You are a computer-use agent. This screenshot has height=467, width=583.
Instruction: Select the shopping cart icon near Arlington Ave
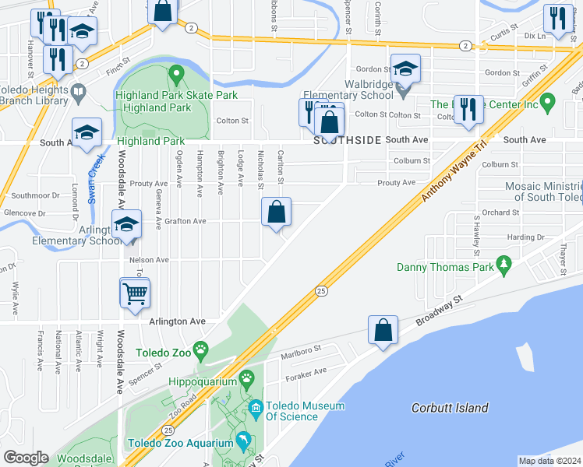[x=135, y=293]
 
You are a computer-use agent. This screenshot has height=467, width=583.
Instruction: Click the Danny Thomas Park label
[x=445, y=267]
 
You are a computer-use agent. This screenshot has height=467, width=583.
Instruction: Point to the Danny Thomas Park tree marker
[x=504, y=266]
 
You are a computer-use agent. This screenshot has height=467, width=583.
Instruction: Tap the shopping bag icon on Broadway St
[x=383, y=329]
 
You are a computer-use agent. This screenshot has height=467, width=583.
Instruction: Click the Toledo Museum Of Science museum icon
[x=256, y=407]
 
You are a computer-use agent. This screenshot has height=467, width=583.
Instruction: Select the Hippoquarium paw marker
[x=247, y=379]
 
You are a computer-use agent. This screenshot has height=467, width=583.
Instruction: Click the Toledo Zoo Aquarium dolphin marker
[x=242, y=441]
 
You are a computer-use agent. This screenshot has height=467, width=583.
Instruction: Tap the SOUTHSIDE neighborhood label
[x=348, y=140]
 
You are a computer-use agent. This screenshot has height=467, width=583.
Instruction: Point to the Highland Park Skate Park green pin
[x=176, y=75]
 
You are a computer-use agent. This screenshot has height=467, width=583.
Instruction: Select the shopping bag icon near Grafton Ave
[x=276, y=212]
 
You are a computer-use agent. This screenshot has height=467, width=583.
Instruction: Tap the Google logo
[x=26, y=458]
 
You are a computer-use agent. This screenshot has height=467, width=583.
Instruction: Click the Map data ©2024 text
[x=549, y=461]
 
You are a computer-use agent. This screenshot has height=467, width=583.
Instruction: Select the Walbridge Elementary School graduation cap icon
[x=405, y=68]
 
